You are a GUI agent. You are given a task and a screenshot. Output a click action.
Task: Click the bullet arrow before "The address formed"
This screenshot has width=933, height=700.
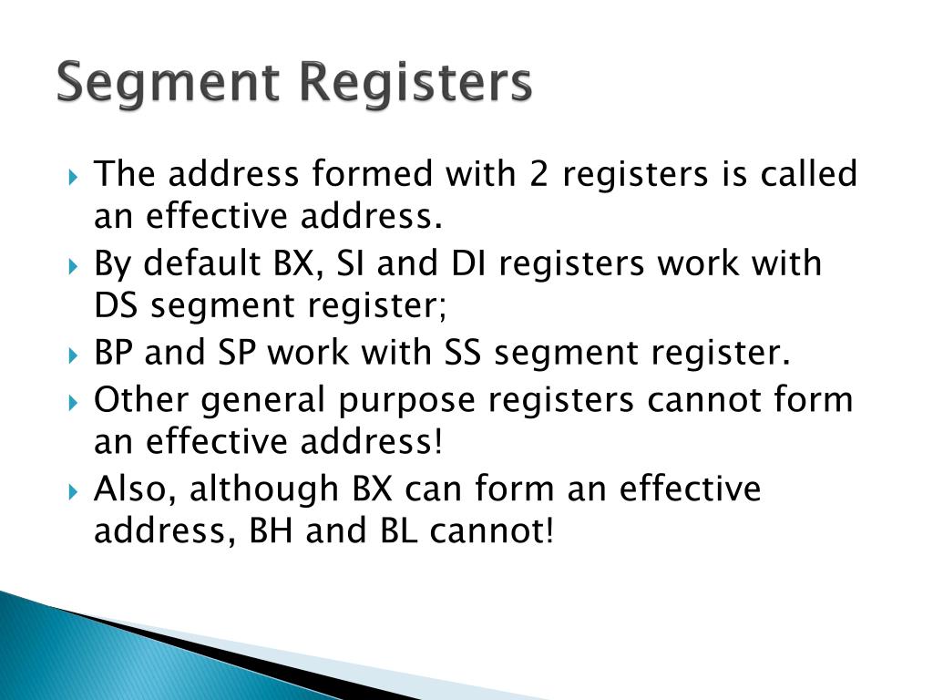(76, 174)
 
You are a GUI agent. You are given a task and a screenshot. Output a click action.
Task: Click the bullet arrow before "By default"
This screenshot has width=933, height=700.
(76, 265)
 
